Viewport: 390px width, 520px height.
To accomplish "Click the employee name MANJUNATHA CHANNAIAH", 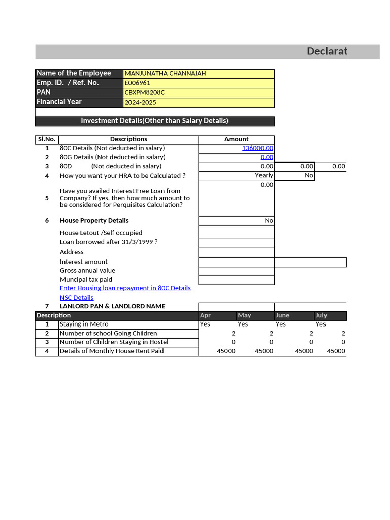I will click(x=165, y=74).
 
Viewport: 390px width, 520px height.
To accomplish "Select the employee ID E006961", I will click(x=138, y=83).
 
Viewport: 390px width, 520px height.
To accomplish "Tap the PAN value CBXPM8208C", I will click(x=145, y=92).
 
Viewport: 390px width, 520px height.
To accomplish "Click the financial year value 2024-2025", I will click(x=141, y=102).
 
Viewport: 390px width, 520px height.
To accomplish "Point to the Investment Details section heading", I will click(x=154, y=121).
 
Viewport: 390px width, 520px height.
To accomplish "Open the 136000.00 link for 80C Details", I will click(x=257, y=148).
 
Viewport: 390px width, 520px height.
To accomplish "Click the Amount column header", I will click(x=236, y=139).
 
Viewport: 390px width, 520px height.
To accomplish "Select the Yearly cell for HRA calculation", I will click(x=264, y=175).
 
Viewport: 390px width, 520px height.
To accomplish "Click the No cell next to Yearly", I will click(x=309, y=175).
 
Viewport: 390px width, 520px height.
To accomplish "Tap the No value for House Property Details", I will click(x=269, y=221).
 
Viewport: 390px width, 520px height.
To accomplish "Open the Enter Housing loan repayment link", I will click(x=125, y=288).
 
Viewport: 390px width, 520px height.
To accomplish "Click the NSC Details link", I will click(x=77, y=298).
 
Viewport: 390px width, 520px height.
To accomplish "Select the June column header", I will click(x=282, y=315).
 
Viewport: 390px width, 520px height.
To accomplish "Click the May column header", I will click(x=244, y=315).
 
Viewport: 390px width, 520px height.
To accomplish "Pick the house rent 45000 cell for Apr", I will click(x=226, y=351).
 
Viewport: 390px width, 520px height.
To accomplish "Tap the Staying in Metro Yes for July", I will click(x=320, y=324).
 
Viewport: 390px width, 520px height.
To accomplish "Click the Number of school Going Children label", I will click(x=108, y=333).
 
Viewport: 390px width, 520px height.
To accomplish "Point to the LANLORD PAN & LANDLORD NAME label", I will click(x=112, y=306).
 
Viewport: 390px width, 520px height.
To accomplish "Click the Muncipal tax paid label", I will click(x=86, y=280).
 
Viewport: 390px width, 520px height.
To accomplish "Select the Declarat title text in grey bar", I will click(x=327, y=51).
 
